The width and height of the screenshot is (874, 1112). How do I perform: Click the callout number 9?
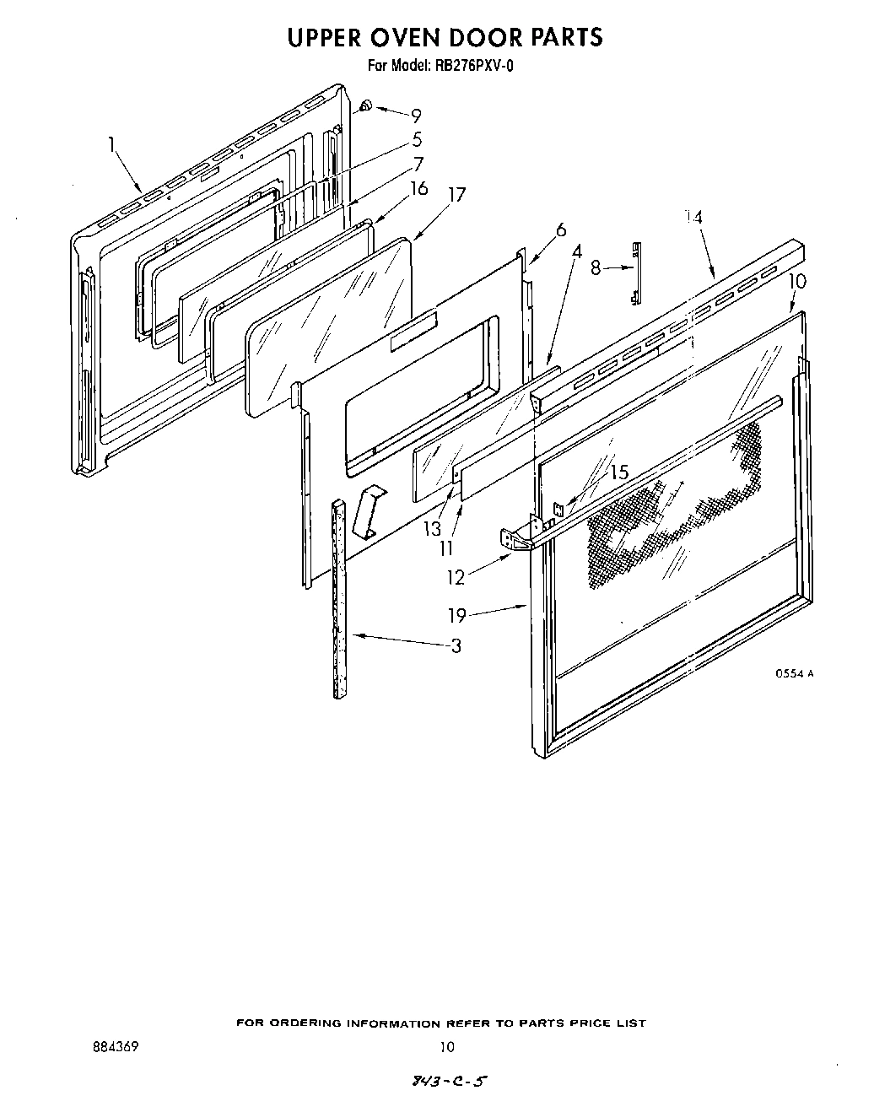[416, 116]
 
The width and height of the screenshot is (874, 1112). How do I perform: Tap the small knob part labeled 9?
[366, 105]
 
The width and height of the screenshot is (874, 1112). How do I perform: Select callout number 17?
[456, 194]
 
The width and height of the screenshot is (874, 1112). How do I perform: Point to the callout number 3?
[456, 647]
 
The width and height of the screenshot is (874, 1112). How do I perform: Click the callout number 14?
[693, 217]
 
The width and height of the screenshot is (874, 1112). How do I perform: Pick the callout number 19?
[456, 616]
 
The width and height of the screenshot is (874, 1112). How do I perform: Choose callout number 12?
[456, 578]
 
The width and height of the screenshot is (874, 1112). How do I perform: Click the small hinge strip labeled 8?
[636, 271]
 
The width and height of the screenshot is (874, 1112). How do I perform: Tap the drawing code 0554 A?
[795, 672]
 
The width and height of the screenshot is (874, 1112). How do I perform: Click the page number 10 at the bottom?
[446, 1047]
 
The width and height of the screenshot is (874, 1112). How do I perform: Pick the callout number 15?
[619, 472]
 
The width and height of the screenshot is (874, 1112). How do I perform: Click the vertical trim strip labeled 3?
[339, 599]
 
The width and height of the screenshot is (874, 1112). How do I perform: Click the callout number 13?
[433, 529]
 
